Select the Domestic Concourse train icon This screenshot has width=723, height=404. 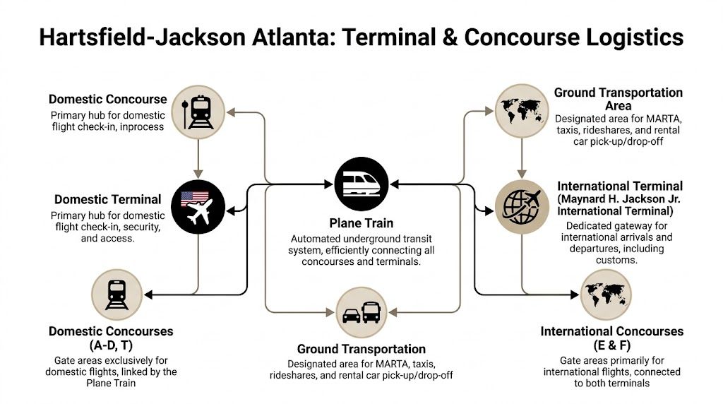coord(198,111)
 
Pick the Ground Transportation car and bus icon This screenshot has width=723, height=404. coord(361,311)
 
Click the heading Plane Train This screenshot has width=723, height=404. coord(361,223)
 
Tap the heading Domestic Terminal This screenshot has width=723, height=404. coord(108,200)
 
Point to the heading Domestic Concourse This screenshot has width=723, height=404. coord(108,99)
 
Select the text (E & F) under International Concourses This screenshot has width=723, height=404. coord(611,346)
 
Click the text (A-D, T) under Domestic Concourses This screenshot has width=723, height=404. coord(111,346)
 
